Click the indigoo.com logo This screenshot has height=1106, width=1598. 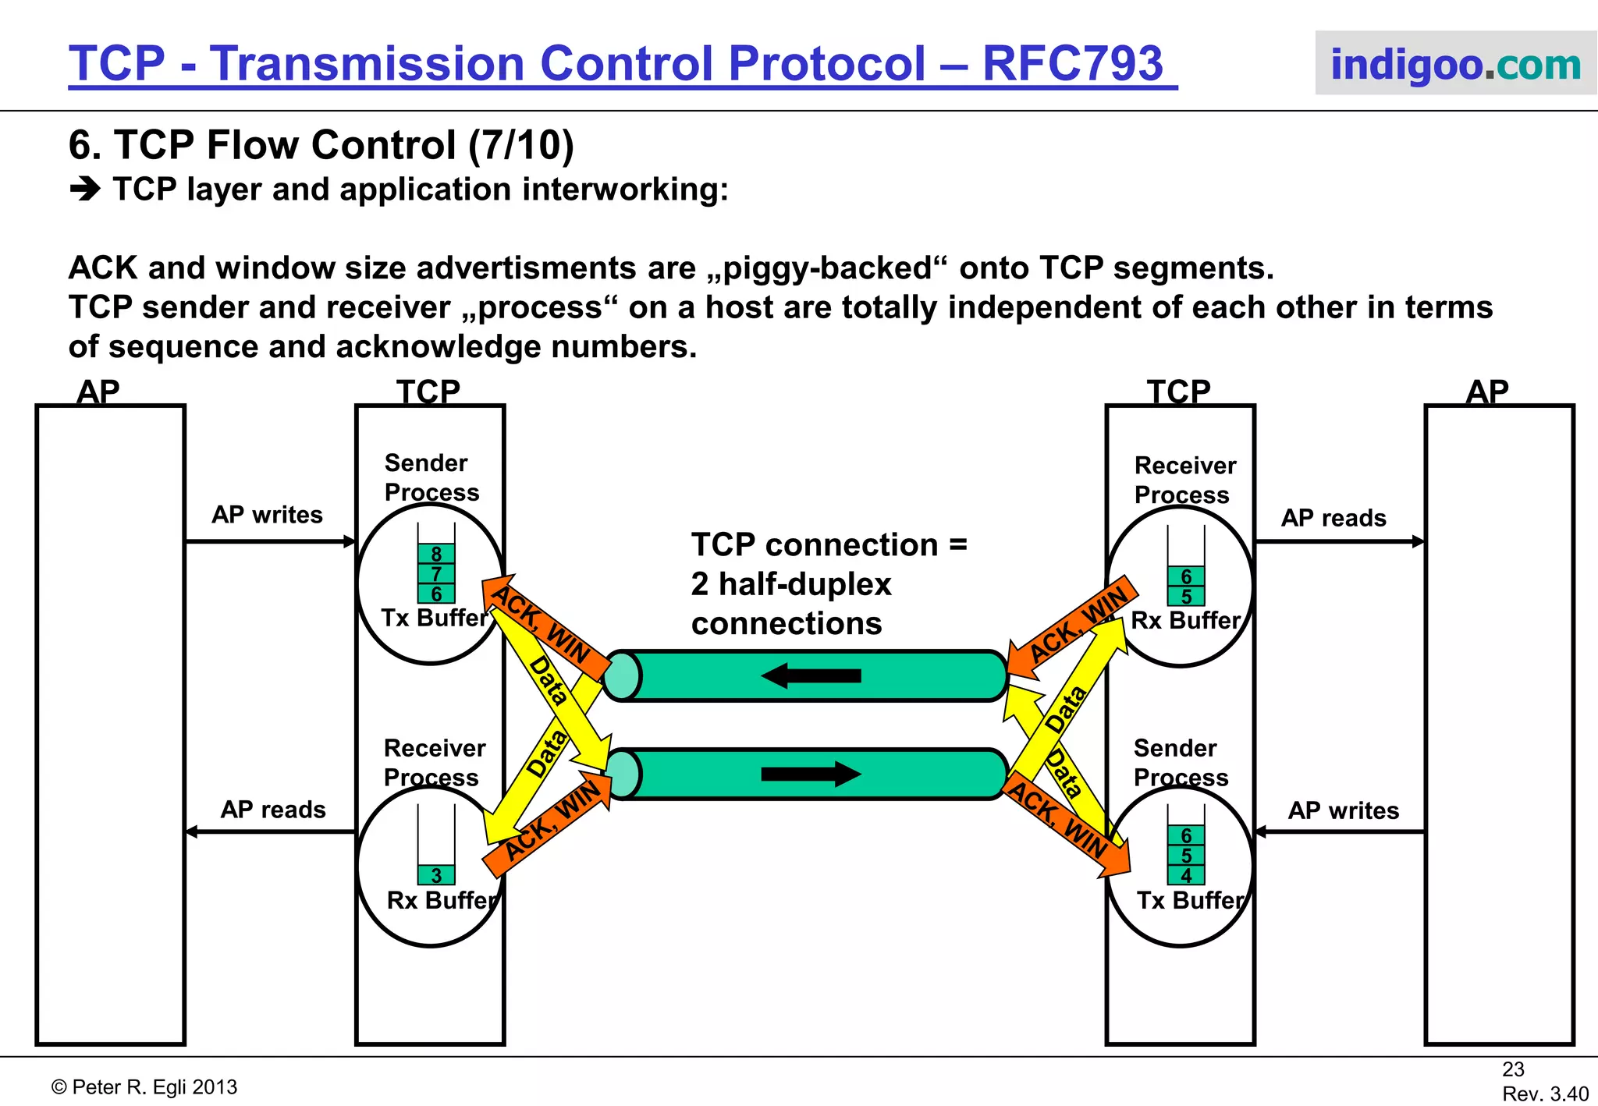click(1455, 64)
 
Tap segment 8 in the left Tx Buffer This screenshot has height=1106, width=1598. click(436, 554)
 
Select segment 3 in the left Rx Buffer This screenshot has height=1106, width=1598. click(436, 875)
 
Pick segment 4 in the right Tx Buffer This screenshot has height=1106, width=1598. click(1186, 875)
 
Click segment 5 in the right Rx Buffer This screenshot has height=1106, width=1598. click(1186, 597)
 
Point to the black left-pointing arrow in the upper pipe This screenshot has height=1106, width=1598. click(811, 675)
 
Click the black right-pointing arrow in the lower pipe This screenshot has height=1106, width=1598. click(811, 774)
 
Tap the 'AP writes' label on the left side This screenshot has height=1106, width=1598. click(267, 515)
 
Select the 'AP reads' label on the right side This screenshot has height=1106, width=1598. click(1333, 518)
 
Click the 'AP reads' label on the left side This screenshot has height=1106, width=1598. click(273, 810)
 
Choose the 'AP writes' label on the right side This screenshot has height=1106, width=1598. click(1343, 810)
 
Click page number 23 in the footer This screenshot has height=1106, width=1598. click(1513, 1069)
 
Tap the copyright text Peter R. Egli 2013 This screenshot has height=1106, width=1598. click(144, 1087)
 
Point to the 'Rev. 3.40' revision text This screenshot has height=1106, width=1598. click(1545, 1094)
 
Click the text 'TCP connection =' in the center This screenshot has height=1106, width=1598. click(829, 544)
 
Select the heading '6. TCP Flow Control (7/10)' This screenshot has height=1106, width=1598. click(321, 145)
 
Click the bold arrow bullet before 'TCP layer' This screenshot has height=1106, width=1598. click(85, 190)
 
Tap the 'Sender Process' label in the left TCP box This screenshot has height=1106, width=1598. click(431, 477)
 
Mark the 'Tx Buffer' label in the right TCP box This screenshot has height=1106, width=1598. click(1189, 900)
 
